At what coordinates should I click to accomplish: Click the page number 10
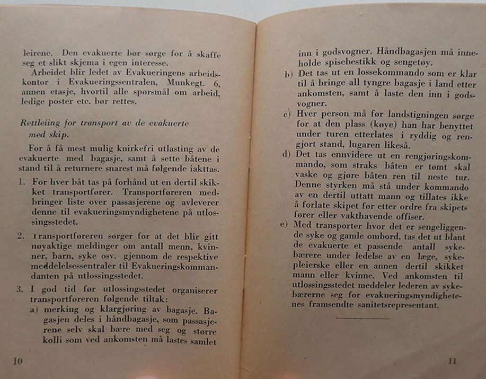pyautogui.click(x=17, y=361)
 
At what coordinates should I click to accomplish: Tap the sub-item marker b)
pyautogui.click(x=288, y=73)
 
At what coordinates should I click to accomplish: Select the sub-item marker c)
pyautogui.click(x=287, y=115)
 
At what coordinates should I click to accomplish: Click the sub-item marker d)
pyautogui.click(x=287, y=155)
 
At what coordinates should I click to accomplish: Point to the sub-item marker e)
pyautogui.click(x=285, y=225)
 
